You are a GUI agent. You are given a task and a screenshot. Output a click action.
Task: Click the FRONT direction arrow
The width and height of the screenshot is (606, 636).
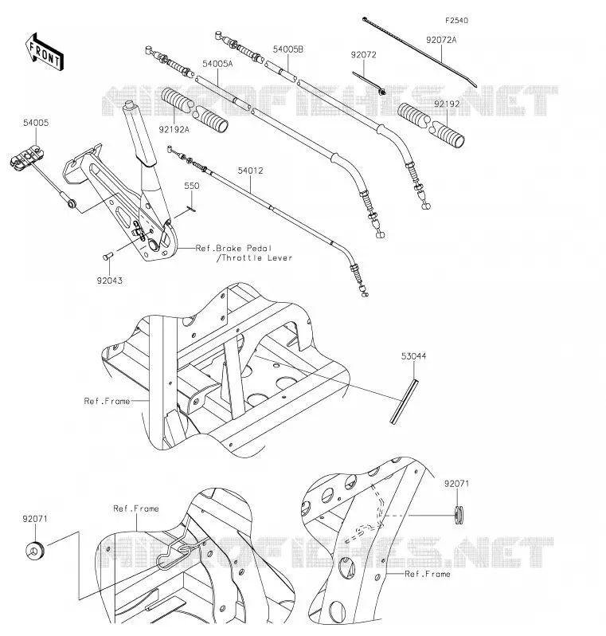(45, 53)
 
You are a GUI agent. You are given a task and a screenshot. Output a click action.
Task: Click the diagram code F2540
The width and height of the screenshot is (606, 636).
(456, 20)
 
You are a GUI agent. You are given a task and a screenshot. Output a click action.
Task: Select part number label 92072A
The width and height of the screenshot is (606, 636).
(441, 40)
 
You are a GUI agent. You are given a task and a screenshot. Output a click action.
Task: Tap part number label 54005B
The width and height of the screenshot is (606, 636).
(287, 49)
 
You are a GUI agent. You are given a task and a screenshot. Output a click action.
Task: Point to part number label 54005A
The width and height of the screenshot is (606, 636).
(217, 64)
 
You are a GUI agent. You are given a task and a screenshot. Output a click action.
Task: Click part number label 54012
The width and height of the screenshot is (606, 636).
(250, 171)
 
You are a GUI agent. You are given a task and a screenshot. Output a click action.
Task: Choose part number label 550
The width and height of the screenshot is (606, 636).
(192, 186)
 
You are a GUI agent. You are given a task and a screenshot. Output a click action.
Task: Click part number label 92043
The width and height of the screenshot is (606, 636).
(109, 281)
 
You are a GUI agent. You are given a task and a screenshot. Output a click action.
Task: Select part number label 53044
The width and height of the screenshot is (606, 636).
(413, 356)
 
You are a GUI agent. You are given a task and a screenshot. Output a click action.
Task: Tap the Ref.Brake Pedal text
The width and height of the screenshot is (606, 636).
(233, 248)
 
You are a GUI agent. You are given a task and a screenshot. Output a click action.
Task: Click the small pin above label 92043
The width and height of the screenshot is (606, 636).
(108, 256)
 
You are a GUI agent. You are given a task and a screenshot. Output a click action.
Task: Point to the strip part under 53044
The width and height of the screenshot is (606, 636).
(405, 402)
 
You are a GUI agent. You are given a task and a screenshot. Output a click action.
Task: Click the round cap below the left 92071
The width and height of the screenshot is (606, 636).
(35, 551)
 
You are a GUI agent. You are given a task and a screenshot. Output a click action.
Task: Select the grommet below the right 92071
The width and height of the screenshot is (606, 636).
(459, 516)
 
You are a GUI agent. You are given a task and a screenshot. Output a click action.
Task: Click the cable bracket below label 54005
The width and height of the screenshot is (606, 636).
(27, 158)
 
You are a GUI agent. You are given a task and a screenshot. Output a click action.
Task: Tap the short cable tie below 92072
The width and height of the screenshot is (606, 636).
(369, 84)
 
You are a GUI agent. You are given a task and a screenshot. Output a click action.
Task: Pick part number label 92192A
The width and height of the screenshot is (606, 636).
(174, 130)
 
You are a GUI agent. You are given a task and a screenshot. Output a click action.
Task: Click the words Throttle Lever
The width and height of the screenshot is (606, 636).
(255, 258)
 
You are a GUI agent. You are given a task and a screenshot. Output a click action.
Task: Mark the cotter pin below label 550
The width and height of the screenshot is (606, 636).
(191, 209)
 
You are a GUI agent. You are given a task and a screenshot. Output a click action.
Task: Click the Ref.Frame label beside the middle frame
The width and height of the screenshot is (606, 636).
(107, 401)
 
